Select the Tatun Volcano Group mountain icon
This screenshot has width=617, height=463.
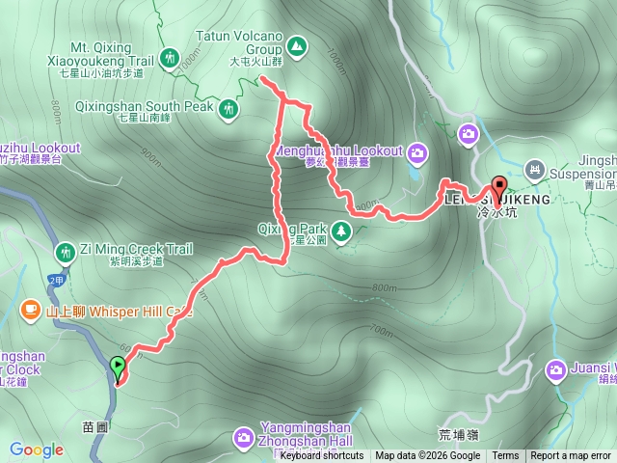coord(296,44)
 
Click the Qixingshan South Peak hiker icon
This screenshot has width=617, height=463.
coord(228,108)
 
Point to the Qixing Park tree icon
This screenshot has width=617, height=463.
coord(340,231)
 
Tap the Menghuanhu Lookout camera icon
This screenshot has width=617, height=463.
coord(417,151)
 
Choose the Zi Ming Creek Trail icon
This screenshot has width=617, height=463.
coord(66,252)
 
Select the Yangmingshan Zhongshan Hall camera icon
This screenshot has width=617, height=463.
coord(242,438)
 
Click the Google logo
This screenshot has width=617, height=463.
coord(37,449)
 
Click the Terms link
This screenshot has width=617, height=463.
coord(505,456)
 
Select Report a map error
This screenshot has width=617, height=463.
coord(571,456)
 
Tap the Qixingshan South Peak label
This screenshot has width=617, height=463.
coord(164,107)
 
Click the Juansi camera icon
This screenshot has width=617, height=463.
coord(557,369)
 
